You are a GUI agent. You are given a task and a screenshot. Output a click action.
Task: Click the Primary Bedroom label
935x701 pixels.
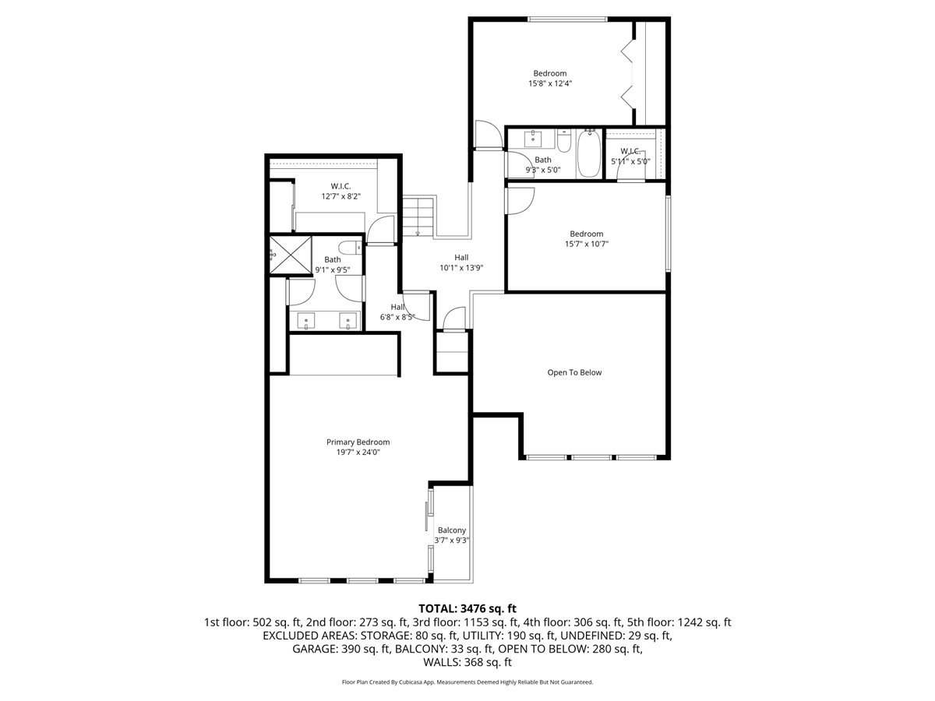(x=358, y=442)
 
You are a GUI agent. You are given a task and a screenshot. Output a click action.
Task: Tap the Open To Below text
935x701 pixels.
(x=574, y=372)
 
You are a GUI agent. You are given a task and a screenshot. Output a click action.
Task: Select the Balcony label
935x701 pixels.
(x=451, y=530)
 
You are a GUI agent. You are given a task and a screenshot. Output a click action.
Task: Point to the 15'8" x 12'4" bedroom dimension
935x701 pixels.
(x=550, y=83)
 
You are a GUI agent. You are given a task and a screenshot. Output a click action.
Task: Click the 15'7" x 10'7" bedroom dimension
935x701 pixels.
(x=587, y=244)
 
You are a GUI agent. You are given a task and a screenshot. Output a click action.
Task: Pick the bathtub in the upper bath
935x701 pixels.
(x=589, y=153)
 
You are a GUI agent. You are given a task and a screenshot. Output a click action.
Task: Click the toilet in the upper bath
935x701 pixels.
(x=563, y=141)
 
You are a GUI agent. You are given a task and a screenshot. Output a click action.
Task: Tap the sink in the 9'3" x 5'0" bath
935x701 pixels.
(x=532, y=139)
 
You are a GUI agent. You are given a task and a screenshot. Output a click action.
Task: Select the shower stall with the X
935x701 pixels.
(x=291, y=255)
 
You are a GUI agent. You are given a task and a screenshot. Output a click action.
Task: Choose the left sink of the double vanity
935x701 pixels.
(x=306, y=321)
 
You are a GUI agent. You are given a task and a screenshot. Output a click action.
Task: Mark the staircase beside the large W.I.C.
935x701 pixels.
(x=418, y=217)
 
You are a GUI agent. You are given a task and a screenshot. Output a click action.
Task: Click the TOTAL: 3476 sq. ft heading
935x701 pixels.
(x=467, y=608)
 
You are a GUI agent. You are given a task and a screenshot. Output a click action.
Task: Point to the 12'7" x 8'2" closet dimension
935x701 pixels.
(x=340, y=196)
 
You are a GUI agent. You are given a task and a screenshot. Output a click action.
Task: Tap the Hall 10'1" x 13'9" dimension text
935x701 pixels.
(x=461, y=268)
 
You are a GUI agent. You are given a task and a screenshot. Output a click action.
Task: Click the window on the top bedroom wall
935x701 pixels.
(x=567, y=19)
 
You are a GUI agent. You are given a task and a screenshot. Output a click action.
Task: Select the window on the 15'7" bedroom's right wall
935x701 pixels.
(x=669, y=233)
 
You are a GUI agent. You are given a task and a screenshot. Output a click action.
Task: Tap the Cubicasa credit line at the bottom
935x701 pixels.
(x=467, y=682)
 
